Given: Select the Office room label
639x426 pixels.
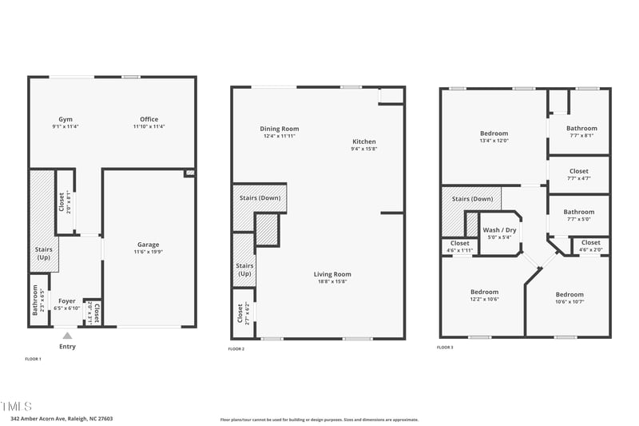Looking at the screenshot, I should [x=149, y=118].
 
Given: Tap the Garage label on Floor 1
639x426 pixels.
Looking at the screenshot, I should [x=148, y=245].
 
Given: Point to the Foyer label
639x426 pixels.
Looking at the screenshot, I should [x=67, y=301].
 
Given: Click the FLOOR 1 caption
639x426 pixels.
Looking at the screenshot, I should [x=33, y=360].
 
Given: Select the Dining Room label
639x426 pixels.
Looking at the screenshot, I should [x=280, y=129].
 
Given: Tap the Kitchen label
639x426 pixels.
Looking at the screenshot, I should [x=363, y=141].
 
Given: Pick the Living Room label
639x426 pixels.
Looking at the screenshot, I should [x=332, y=274].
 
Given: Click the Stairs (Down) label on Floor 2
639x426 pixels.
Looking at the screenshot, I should [x=259, y=197].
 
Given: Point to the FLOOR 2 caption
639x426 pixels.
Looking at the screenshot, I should [x=236, y=349].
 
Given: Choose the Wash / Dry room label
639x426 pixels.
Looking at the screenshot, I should [x=500, y=230].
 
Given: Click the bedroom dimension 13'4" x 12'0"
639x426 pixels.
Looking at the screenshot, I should [x=494, y=141].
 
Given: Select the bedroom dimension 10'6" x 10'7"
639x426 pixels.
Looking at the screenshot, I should [x=570, y=301].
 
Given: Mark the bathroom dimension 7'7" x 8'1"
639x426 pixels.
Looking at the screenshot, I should [x=581, y=135].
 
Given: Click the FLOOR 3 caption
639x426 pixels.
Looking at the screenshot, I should [x=445, y=348].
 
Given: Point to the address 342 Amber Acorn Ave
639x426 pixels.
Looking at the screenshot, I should [x=62, y=418].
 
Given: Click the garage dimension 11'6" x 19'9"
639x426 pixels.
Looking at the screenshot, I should [x=148, y=252].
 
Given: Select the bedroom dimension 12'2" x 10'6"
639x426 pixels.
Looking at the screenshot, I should [x=484, y=299].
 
